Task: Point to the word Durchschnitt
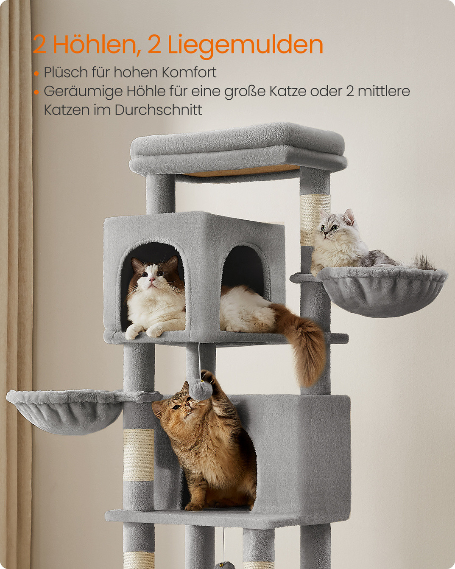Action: (x=158, y=109)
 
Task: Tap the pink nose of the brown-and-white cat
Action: (x=151, y=279)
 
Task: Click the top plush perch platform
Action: (x=238, y=149)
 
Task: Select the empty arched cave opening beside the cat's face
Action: (x=243, y=267)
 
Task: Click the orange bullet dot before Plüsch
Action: (x=36, y=73)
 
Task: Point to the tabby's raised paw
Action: (x=210, y=378)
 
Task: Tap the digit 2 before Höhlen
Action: (x=39, y=45)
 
